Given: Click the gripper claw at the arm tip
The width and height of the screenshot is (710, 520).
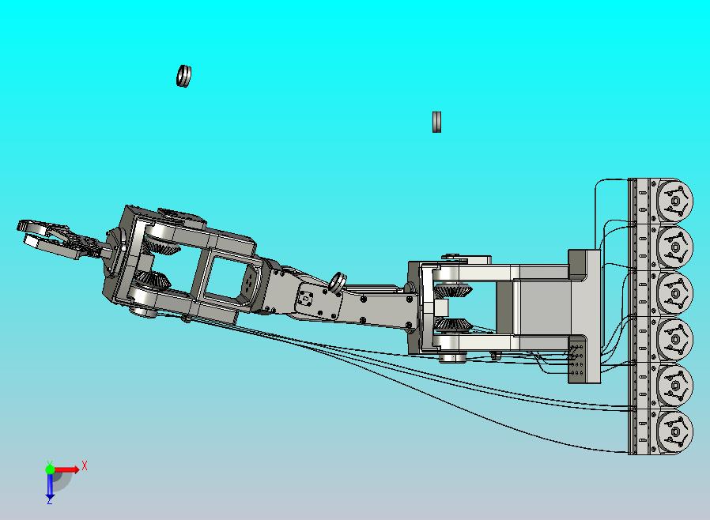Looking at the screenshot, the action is (x=50, y=239).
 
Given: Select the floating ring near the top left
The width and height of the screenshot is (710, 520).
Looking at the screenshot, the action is (x=183, y=76).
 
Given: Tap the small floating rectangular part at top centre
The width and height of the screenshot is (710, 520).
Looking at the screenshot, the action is (x=436, y=122).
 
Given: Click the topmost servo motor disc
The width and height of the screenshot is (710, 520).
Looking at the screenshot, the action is (x=674, y=201).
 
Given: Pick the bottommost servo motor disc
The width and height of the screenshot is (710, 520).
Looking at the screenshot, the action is (x=674, y=431).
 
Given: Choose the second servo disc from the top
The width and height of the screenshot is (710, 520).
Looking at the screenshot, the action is (x=674, y=247).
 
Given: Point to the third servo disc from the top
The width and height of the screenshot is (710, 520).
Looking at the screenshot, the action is (x=674, y=293).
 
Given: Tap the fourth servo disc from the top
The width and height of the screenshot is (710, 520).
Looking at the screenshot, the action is (x=674, y=340).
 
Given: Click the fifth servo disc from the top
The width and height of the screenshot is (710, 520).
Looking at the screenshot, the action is (x=674, y=386).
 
